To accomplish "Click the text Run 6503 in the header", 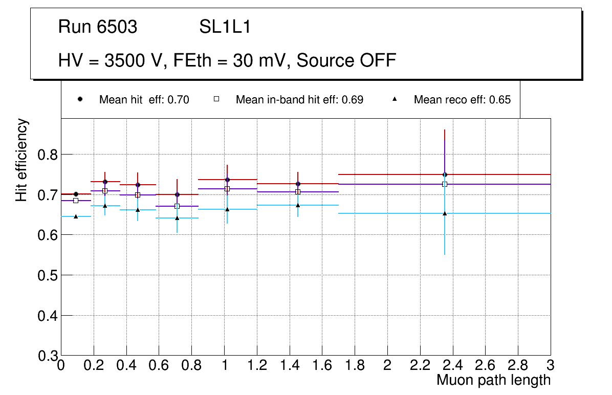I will (98, 27).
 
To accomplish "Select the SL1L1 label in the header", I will (225, 27).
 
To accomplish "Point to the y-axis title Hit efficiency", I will (21, 160).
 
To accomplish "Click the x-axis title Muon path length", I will (493, 380).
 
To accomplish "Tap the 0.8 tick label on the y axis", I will (48, 155).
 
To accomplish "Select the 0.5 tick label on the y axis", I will (48, 275).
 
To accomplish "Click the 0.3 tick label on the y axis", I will (48, 356).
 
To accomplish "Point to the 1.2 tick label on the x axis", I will (257, 365).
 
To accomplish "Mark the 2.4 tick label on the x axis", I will (452, 365).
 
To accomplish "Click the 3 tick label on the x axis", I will (550, 365).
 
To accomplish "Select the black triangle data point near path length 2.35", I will (445, 213).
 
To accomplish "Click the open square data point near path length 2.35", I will (445, 184).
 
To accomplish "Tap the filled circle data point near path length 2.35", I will (445, 175).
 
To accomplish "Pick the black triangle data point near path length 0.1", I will (76, 216).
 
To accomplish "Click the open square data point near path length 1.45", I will (298, 192).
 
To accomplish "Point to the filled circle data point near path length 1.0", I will (227, 180).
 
